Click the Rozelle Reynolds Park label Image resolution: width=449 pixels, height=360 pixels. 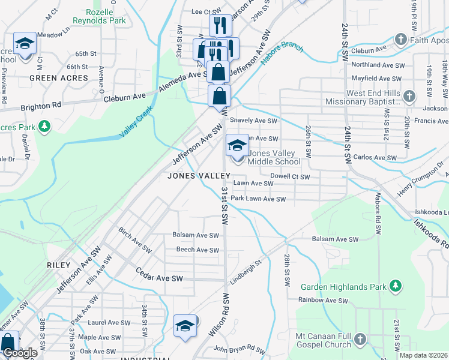tap(99, 16)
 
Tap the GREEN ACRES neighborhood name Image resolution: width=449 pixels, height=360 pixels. tap(59, 78)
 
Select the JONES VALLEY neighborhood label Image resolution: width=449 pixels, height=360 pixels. tap(199, 176)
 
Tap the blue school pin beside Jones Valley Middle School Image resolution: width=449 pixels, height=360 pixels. tap(237, 146)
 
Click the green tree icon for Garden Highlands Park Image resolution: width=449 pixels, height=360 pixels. tap(395, 287)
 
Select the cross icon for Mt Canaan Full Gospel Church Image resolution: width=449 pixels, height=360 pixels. tap(360, 340)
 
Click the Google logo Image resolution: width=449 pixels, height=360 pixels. tap(20, 353)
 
